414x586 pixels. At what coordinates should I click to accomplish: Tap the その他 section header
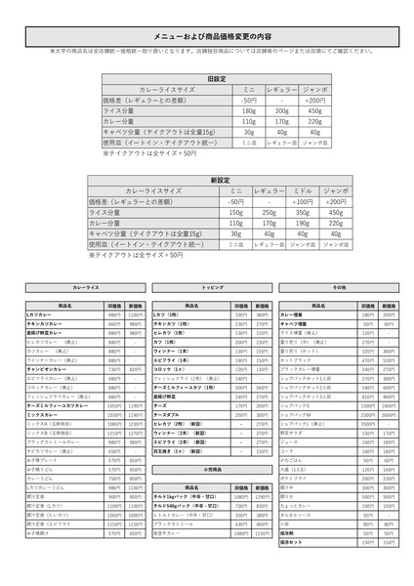(x=339, y=289)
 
